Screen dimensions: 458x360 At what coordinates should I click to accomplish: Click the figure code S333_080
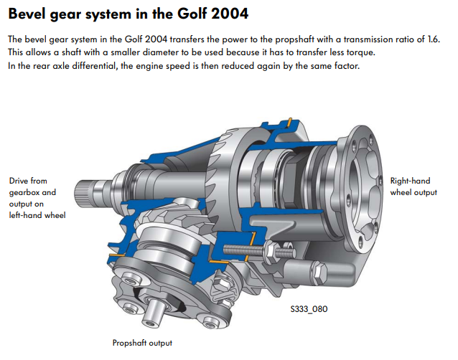309,309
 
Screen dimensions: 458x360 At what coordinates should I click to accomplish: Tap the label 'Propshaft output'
142,343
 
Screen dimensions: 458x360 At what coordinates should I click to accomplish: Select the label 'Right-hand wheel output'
413,186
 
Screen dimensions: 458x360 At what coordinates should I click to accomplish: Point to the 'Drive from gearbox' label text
32,186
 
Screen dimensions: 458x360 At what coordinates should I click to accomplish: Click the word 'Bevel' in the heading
27,14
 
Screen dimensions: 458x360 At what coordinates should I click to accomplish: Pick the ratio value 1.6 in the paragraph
434,39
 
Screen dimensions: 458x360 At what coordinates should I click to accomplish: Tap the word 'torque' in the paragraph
360,52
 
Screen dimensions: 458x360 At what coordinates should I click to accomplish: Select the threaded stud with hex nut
258,250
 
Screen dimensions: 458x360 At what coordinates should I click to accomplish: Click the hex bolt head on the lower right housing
320,273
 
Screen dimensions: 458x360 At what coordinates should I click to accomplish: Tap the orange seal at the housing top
289,122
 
